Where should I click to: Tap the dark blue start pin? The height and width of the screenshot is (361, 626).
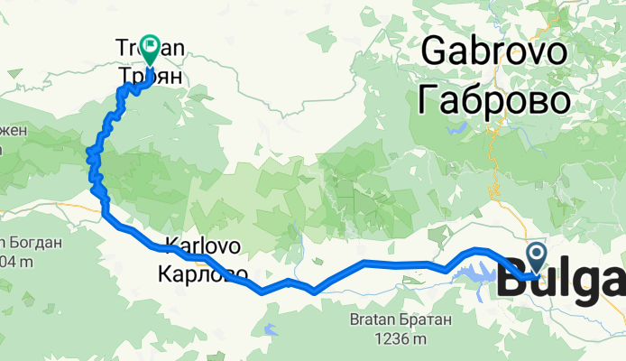(x=537, y=255)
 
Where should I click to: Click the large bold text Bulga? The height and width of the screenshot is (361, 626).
(x=559, y=282)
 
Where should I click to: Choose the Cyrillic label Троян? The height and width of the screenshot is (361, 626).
(x=150, y=78)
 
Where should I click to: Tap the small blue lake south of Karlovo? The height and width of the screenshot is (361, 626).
(x=269, y=327)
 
